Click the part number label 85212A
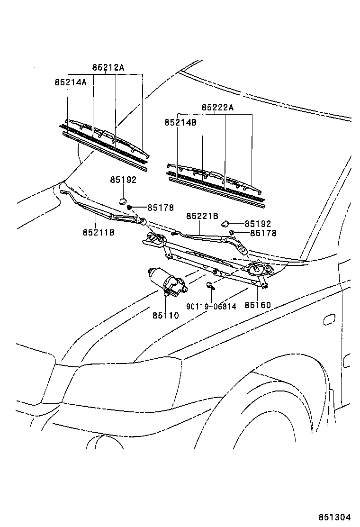(x=108, y=68)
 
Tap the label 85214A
(x=71, y=82)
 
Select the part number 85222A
(x=217, y=108)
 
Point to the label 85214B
(x=180, y=122)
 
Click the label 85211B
(x=99, y=232)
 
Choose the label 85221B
(x=203, y=216)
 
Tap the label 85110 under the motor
(x=166, y=315)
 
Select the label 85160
(x=258, y=305)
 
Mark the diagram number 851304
(x=334, y=517)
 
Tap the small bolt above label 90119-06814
(x=210, y=286)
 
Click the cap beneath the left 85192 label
(x=122, y=201)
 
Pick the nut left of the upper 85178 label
(x=129, y=208)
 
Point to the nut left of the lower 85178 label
(x=232, y=232)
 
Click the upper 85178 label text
(x=161, y=208)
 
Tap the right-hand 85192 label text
(x=258, y=224)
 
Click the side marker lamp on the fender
(x=329, y=319)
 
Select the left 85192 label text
(x=123, y=180)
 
